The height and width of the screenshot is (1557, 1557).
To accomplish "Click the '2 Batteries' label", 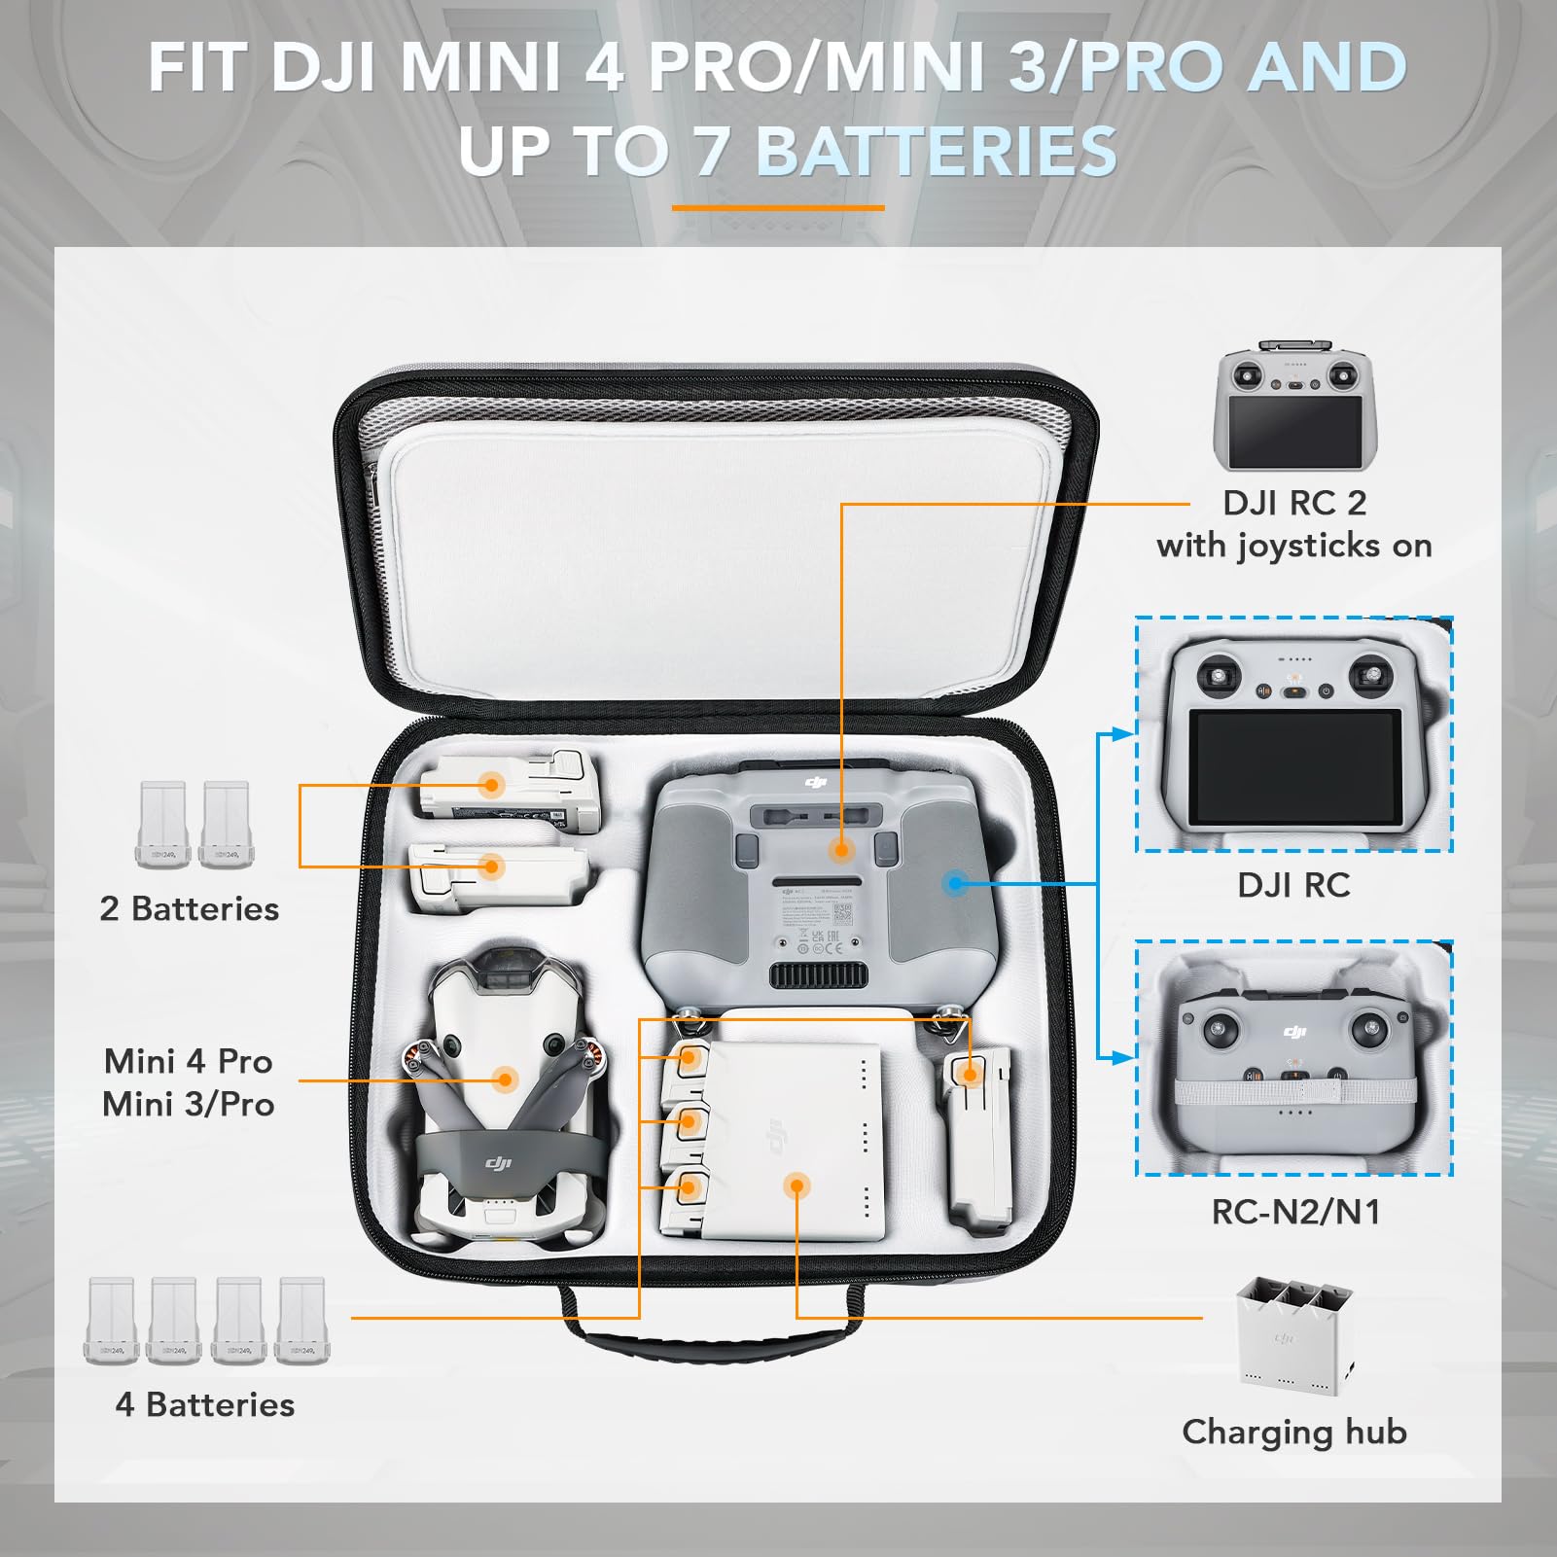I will [x=190, y=908].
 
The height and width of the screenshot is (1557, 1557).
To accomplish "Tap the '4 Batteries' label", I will [x=205, y=1404].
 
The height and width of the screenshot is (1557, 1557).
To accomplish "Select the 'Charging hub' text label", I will [x=1294, y=1432].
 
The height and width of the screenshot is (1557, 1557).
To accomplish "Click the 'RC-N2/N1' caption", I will [x=1295, y=1212].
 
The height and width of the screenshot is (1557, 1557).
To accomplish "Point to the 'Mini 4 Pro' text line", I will [x=189, y=1060].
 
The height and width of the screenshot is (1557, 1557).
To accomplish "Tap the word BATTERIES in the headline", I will [x=937, y=152].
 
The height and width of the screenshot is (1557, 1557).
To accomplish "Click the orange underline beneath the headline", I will [x=778, y=207].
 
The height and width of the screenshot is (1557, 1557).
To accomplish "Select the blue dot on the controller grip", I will [x=956, y=883].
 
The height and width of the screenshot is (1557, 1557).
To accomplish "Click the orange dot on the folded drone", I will [x=504, y=1079].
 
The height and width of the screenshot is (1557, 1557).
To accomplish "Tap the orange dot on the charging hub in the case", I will [x=796, y=1185].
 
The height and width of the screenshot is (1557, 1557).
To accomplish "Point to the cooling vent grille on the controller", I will [x=819, y=975].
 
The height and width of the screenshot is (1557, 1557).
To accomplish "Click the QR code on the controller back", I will [x=842, y=913].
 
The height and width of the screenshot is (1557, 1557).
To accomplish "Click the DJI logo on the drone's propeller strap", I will [x=499, y=1163].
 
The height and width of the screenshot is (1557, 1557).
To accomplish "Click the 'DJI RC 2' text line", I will [x=1294, y=503].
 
